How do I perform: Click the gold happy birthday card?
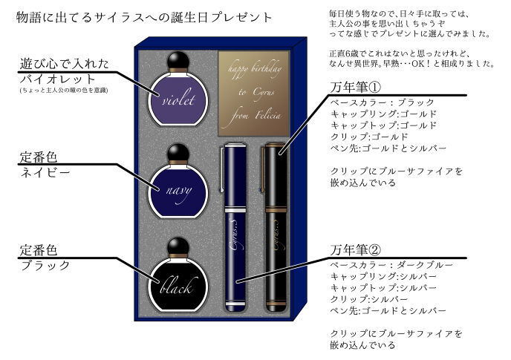[x=250, y=94]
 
